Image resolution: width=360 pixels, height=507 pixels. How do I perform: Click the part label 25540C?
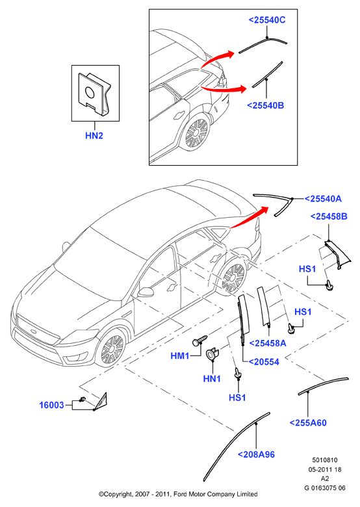point(267,20)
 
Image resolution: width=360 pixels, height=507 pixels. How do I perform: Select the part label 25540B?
point(265,105)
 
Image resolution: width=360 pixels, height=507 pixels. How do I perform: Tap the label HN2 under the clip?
point(94,135)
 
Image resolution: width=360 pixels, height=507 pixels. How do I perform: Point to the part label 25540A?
point(323,198)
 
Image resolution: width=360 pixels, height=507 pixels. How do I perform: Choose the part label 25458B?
point(329,216)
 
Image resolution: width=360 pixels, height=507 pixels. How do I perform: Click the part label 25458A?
point(268,343)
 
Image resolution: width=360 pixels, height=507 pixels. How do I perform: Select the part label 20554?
point(264,362)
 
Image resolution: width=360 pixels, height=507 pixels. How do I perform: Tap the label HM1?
point(180,356)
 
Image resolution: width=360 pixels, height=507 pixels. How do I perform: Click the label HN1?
point(212,379)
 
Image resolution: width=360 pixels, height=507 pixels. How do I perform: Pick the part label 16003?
point(51,405)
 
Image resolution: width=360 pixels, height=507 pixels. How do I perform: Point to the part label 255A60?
point(308,423)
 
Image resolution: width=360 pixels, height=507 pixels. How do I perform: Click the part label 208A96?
point(256,454)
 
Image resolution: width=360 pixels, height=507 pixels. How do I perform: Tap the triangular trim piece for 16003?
point(102,402)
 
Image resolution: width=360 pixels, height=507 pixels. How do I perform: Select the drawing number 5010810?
point(324,460)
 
